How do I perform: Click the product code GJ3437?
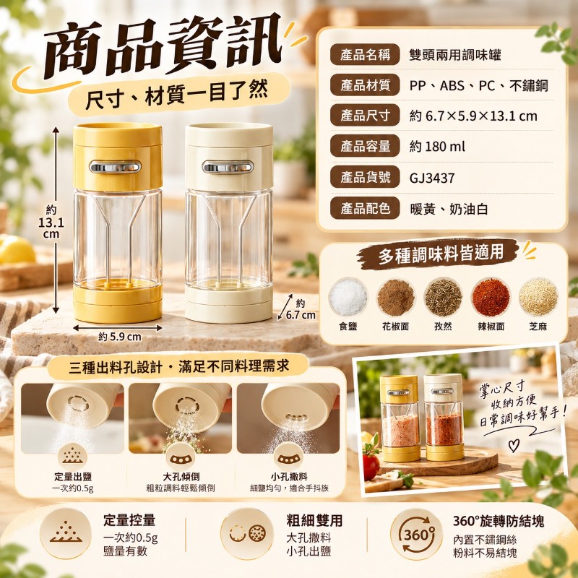pos(431,178)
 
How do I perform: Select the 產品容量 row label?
pos(365,147)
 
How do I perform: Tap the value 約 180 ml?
pos(437,147)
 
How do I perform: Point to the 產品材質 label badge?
pos(365,85)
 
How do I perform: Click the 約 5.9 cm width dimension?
pos(120,337)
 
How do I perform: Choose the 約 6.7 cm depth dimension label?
pos(301,310)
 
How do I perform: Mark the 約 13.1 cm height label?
pos(51,223)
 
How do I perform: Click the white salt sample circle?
pos(348,297)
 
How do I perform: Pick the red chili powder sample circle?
pos(491,297)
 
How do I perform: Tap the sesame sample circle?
pos(538,297)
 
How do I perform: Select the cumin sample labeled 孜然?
pos(443,297)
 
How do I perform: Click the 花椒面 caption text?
pos(395,327)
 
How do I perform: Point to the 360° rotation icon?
pos(417,534)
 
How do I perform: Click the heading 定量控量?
pos(129,520)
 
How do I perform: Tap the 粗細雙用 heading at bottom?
pos(314,520)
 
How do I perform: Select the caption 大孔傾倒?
pos(181,477)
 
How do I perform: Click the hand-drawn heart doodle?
pos(514,445)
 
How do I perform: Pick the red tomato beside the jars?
pos(371,467)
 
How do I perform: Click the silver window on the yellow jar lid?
pos(115,167)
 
